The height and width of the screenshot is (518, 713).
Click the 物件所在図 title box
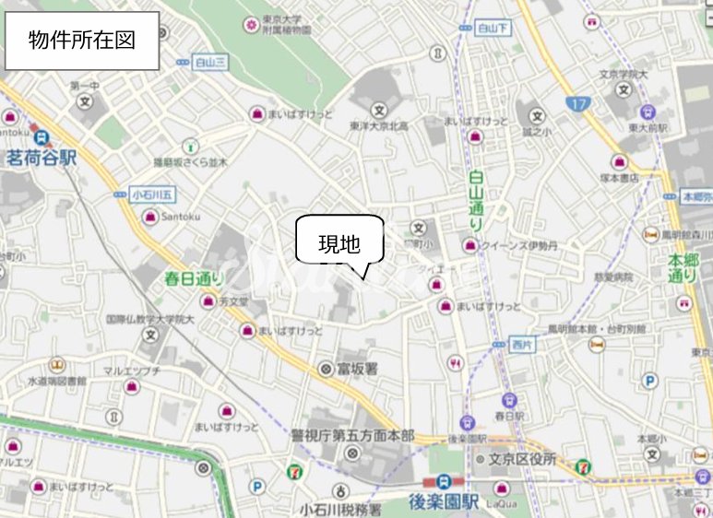81,41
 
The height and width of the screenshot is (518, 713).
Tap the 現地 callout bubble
338,243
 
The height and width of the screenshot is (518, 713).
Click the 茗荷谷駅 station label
41,158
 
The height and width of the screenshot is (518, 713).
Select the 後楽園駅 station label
444,502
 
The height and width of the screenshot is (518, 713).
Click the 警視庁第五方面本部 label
353,435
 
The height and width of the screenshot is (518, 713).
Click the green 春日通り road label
194,277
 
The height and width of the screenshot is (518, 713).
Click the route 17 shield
577,105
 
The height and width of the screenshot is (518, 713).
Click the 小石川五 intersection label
152,194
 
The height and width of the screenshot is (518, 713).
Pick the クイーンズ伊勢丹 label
520,245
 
